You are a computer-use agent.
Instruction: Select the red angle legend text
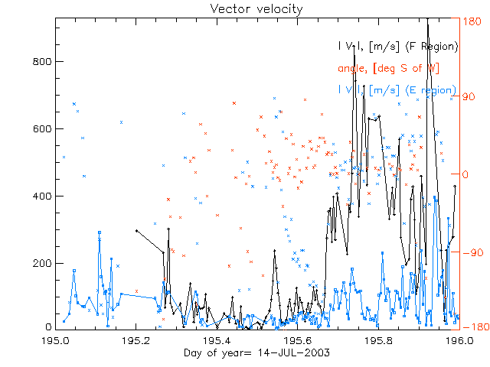point(388,69)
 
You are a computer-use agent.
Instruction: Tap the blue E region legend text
point(397,90)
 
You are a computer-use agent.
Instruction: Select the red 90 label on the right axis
point(469,98)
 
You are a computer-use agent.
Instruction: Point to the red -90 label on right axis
point(471,252)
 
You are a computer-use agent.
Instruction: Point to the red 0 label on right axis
point(466,174)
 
